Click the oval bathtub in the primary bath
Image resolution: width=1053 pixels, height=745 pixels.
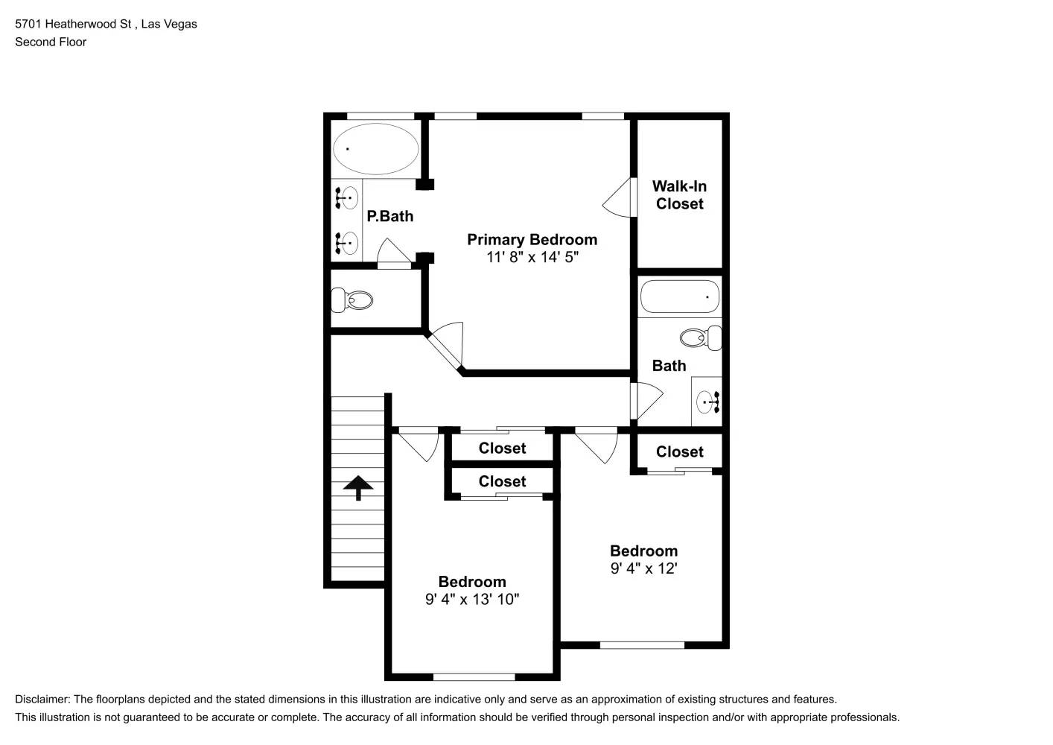click(375, 148)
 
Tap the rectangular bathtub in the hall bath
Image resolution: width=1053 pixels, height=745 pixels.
click(679, 297)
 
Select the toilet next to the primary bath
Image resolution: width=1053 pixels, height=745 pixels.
click(352, 301)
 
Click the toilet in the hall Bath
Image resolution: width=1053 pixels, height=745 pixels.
click(701, 338)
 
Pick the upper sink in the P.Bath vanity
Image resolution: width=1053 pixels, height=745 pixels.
click(347, 198)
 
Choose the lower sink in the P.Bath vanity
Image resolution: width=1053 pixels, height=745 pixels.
click(347, 243)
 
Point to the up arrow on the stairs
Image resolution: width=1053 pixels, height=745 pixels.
click(358, 487)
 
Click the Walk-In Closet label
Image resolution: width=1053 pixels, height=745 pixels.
click(679, 195)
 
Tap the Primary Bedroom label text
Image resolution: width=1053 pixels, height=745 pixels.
click(532, 240)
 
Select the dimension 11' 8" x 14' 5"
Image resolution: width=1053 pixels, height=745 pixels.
click(532, 258)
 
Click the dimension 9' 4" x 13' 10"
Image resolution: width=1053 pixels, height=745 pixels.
click(472, 600)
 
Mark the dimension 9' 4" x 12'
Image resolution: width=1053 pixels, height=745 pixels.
click(643, 569)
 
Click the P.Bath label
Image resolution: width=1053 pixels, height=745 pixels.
click(389, 217)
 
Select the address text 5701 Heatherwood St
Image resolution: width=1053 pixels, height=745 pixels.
click(73, 24)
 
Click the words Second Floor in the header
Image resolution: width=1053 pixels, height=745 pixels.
click(51, 42)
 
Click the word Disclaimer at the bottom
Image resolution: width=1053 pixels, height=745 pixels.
click(42, 700)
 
